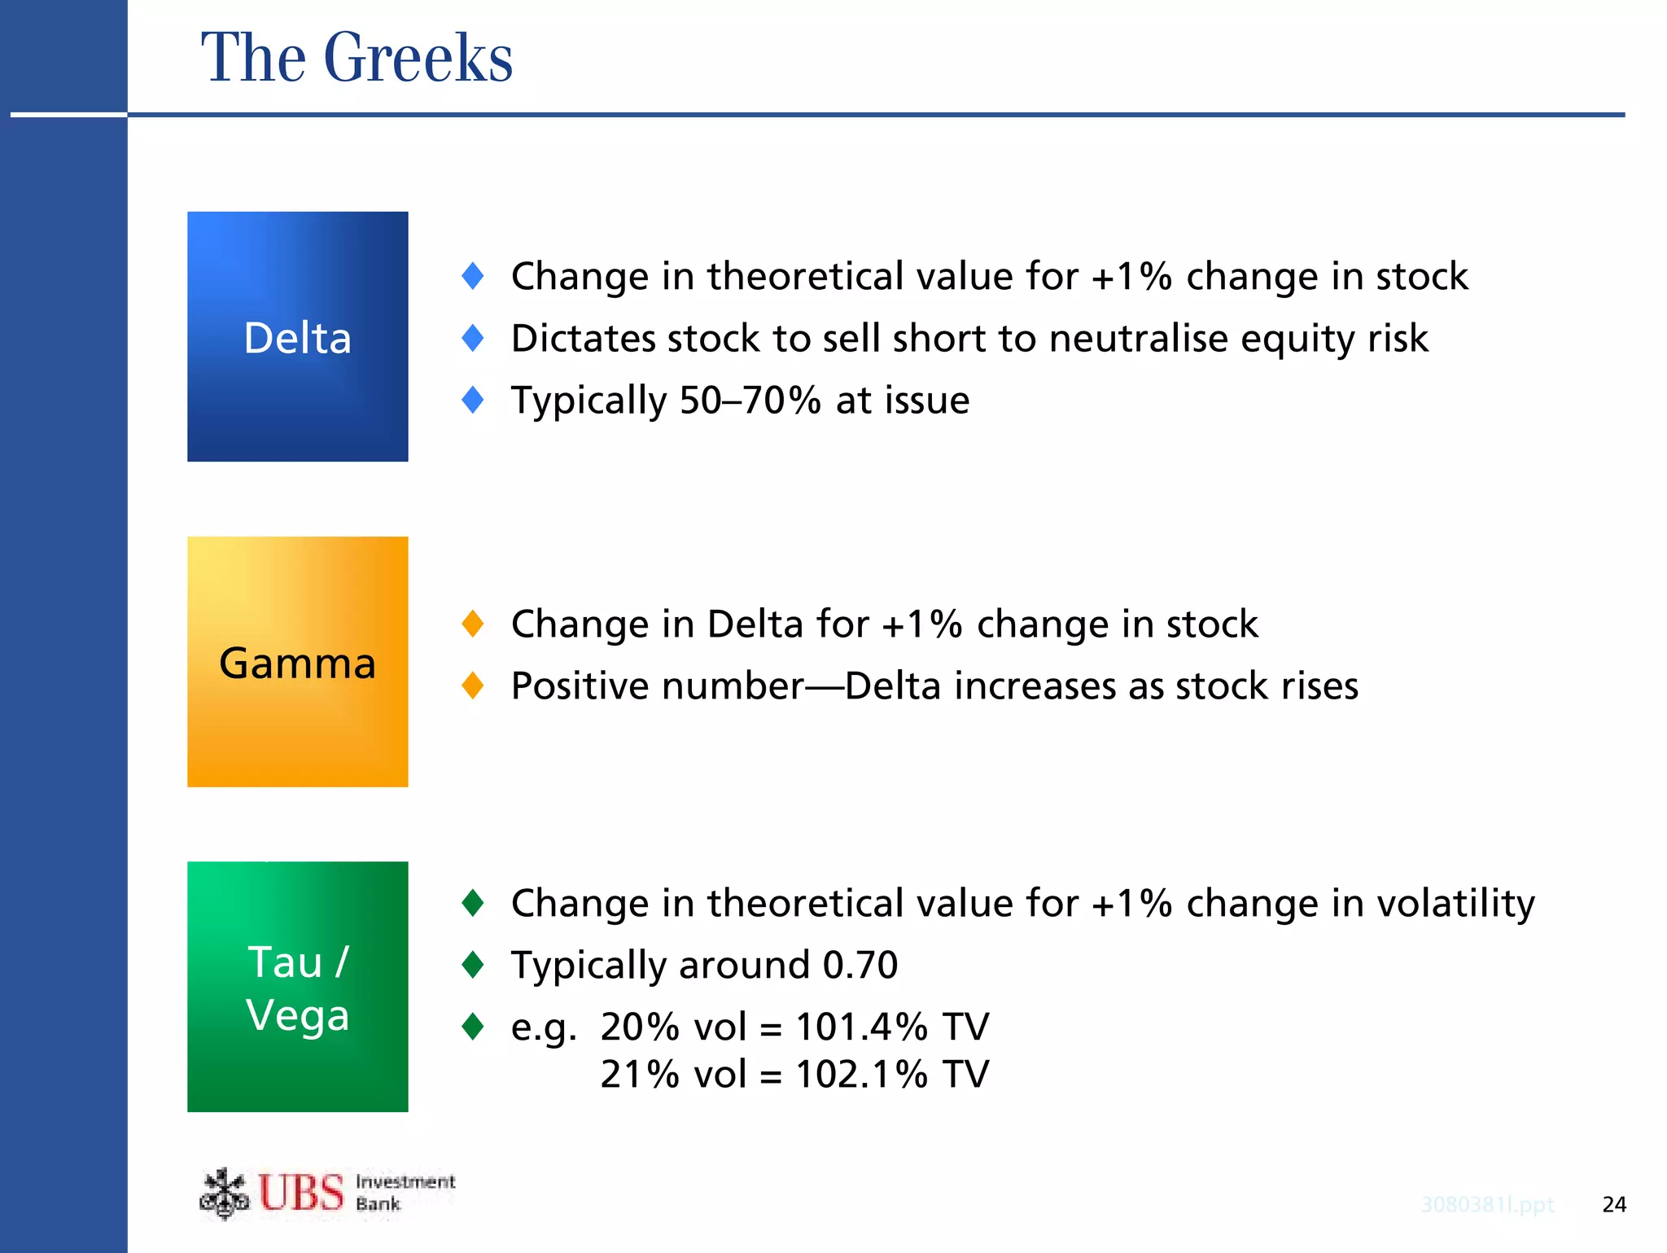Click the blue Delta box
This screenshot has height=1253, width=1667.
(297, 337)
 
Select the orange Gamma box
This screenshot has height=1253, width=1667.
(297, 662)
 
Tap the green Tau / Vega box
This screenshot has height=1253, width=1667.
(297, 987)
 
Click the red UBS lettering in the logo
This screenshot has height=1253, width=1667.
(301, 1194)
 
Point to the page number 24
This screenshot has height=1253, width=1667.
(1613, 1204)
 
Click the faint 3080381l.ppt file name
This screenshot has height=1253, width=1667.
(1487, 1204)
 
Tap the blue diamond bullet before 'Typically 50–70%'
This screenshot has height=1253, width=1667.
(472, 400)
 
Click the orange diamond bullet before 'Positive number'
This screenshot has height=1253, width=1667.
(472, 686)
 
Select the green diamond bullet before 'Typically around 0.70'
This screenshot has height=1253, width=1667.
(472, 965)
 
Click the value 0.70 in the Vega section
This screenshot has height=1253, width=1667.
(860, 965)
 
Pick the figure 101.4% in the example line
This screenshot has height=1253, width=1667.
(861, 1027)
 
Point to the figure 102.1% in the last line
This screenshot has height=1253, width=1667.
(861, 1074)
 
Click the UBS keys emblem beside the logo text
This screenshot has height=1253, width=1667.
(224, 1194)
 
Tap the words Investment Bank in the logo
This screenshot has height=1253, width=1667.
(405, 1193)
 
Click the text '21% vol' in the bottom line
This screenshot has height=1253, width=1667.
(673, 1074)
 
